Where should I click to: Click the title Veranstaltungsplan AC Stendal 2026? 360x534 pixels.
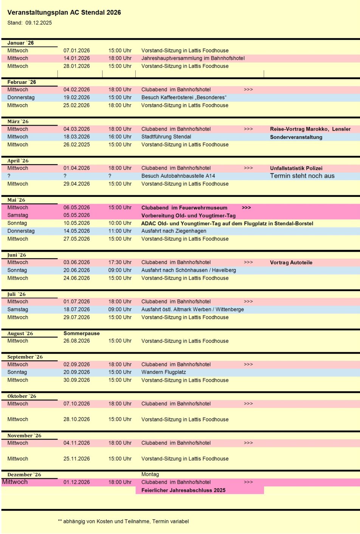tap(64, 12)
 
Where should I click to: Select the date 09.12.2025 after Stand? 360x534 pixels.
tap(39, 23)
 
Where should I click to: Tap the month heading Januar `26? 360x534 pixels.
tap(20, 43)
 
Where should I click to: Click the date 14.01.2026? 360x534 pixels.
tap(77, 58)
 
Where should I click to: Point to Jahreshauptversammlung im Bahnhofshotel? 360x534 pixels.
tap(193, 58)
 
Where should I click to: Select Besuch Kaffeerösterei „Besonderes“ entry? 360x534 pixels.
tap(184, 98)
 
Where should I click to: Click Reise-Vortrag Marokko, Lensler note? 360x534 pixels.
tap(310, 129)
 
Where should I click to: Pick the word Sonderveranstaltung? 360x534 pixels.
tap(296, 137)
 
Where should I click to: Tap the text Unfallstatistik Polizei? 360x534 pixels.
tap(296, 168)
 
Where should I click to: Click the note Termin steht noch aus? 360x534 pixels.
tap(302, 176)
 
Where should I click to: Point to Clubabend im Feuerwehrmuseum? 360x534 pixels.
tap(184, 208)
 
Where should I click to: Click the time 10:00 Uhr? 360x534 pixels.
tap(120, 223)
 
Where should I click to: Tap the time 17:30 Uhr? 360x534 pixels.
tap(120, 262)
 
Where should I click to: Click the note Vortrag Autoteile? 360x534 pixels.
tap(291, 263)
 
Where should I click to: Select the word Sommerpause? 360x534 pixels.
tap(82, 333)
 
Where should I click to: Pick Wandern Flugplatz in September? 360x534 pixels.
tap(163, 372)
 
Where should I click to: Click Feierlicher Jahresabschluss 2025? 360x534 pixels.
tap(183, 490)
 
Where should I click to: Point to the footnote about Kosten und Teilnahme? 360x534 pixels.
tap(123, 522)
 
